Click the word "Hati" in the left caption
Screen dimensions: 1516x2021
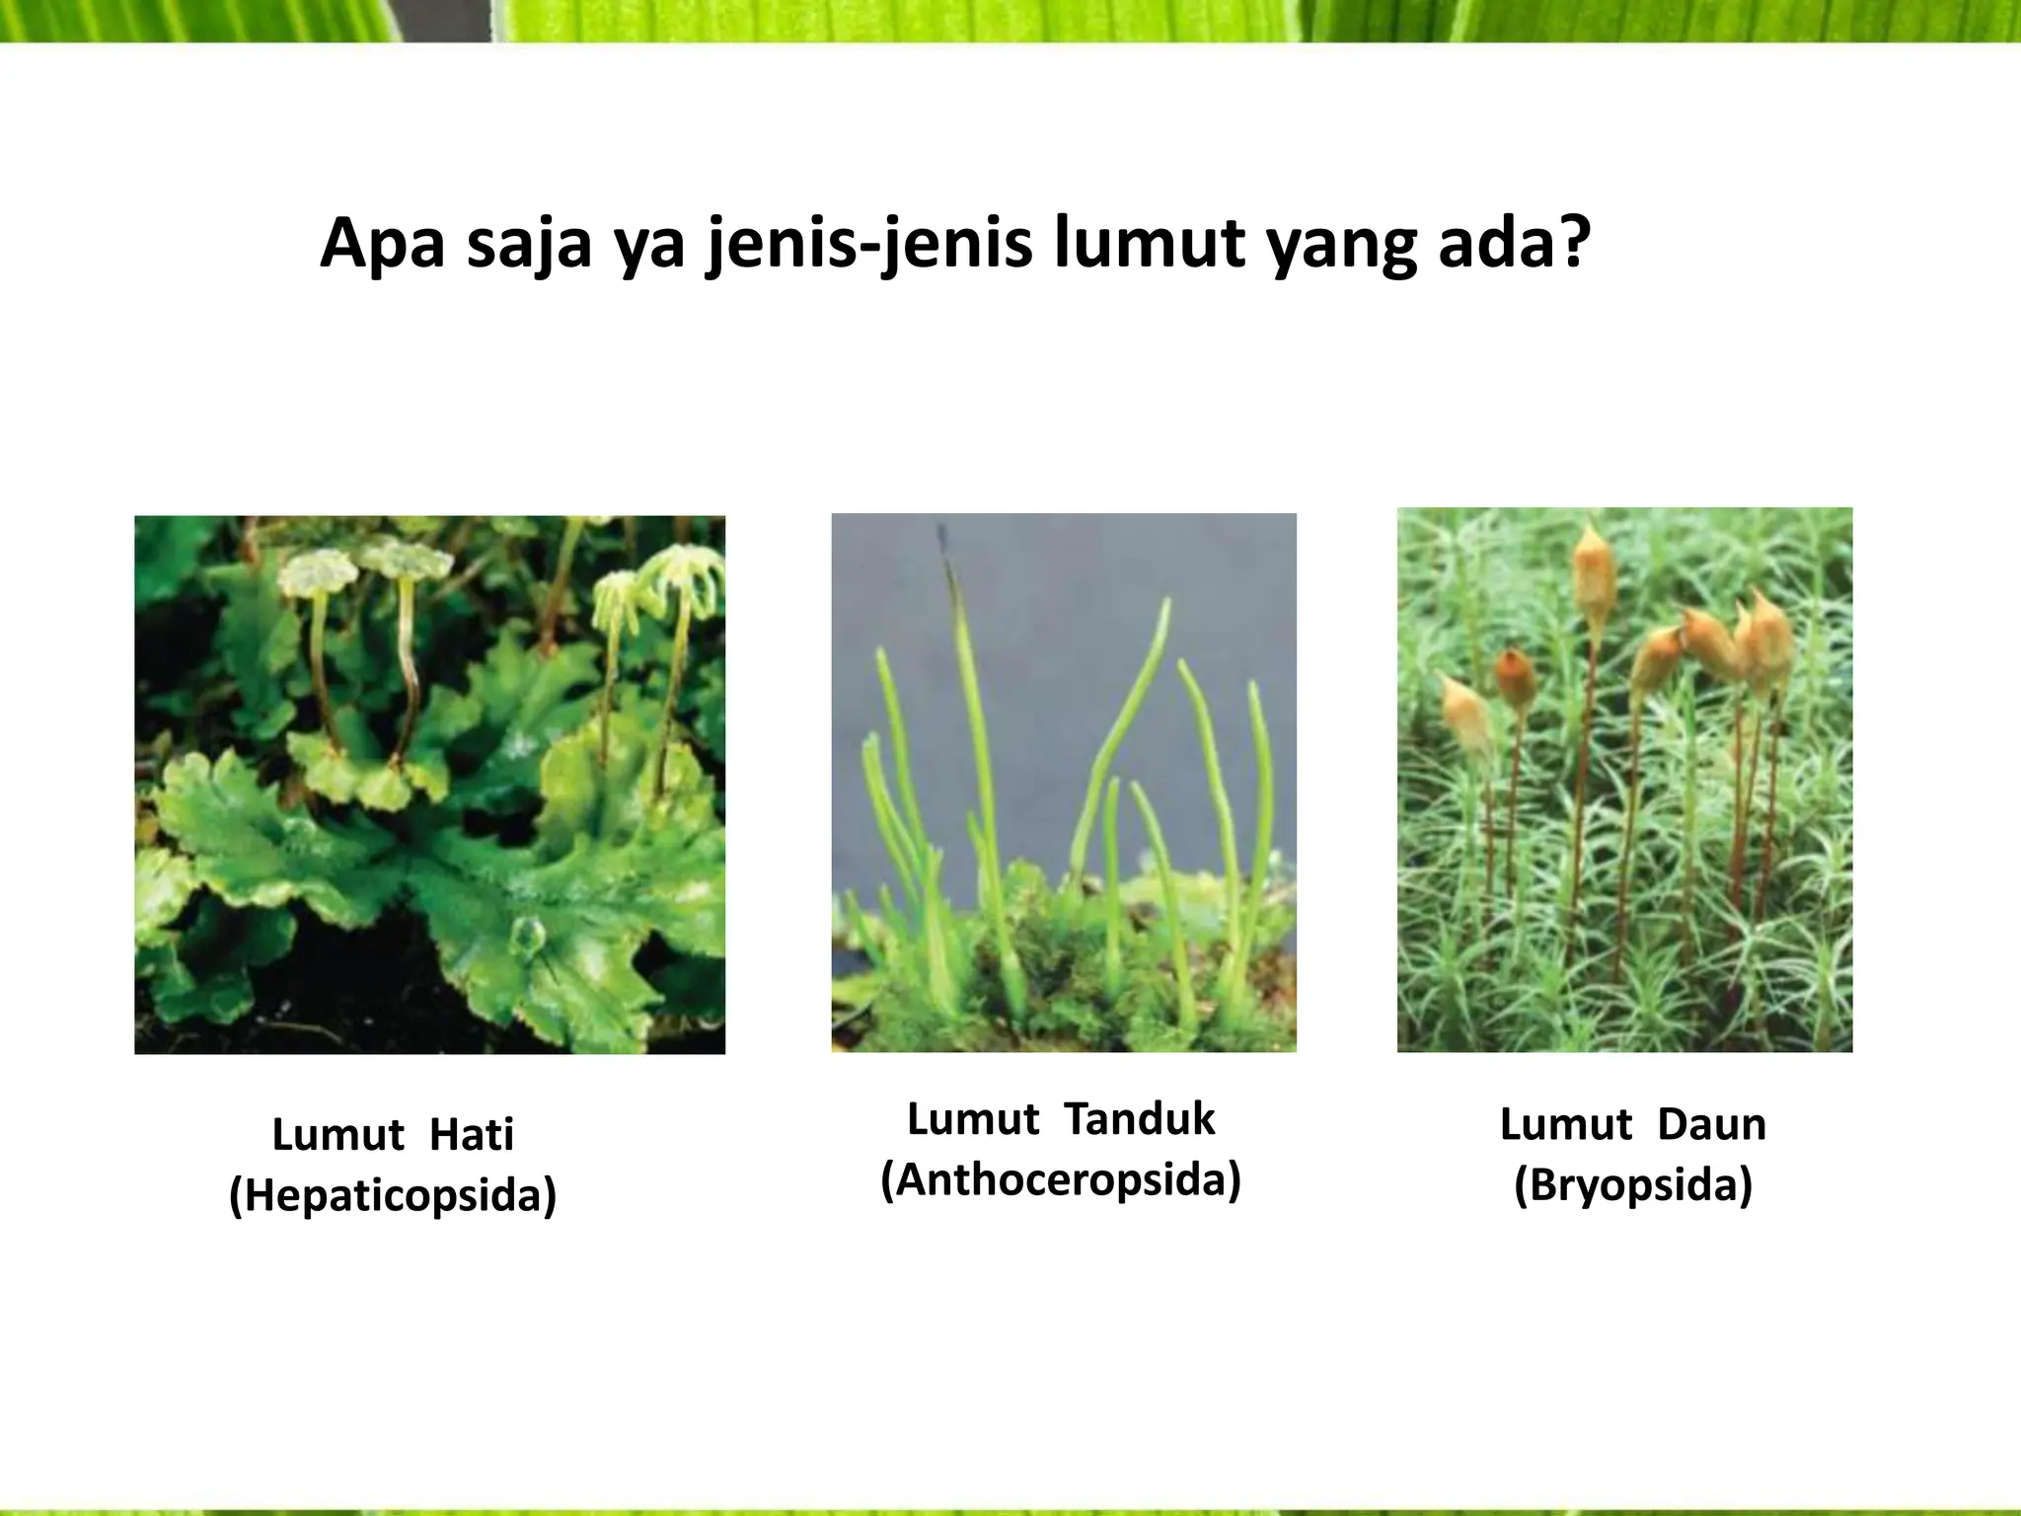[472, 1135]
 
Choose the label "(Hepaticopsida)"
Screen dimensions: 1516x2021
[393, 1195]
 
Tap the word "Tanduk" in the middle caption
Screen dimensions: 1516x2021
[1141, 1119]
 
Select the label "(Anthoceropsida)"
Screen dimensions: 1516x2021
[1061, 1179]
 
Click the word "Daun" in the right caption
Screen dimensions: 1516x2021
[1711, 1124]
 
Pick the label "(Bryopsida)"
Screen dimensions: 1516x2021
[1633, 1184]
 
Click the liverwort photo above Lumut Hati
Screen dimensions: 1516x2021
[429, 785]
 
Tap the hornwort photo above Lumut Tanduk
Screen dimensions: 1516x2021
[1064, 783]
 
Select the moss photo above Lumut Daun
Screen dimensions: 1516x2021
[1624, 780]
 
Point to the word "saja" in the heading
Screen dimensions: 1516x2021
[529, 244]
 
